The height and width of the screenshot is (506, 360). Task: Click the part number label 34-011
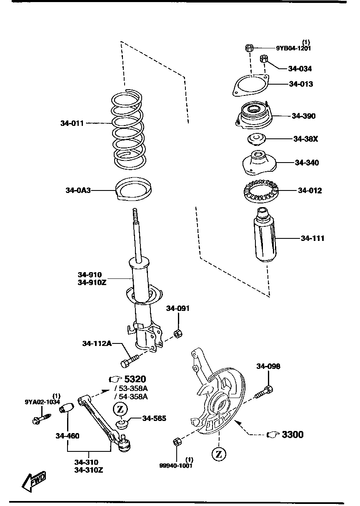72,123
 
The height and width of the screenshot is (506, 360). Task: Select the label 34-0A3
77,190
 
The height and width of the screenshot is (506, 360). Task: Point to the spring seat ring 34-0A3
133,188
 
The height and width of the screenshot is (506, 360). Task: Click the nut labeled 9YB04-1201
249,48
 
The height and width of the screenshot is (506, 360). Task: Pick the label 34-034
300,69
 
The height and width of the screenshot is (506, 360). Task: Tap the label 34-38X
305,139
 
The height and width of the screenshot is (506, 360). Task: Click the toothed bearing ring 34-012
260,191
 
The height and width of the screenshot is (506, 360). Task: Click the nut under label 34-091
177,333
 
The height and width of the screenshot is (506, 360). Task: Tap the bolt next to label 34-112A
129,361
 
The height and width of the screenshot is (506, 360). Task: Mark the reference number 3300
292,435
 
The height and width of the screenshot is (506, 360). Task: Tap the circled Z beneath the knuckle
218,454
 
